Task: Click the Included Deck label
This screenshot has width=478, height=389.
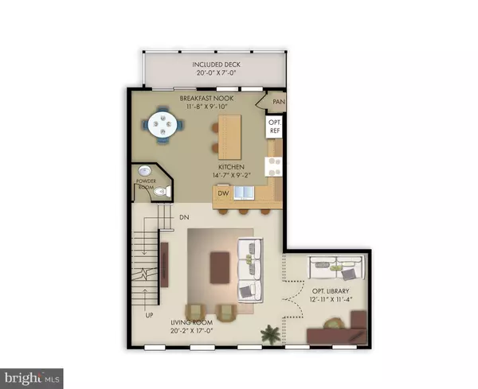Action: pos(216,64)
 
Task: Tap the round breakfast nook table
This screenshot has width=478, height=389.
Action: pos(163,124)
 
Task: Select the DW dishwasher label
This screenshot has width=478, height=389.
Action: pos(223,193)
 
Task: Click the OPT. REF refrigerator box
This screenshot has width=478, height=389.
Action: pos(274,126)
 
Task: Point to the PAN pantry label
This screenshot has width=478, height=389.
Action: pos(279,102)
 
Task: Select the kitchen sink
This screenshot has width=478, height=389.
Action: pos(244,193)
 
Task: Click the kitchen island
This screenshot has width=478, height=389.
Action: pos(230,137)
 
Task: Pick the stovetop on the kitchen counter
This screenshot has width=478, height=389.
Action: pos(273,166)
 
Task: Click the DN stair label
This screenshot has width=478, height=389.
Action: pos(184,217)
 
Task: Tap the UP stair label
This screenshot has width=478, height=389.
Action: pos(149,315)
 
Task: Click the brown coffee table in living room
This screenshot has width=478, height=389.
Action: pos(220,267)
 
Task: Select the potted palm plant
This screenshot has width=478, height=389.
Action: pos(270,335)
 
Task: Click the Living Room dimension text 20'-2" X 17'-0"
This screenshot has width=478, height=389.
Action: pos(191,331)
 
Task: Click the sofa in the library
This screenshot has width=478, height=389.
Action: pos(337,267)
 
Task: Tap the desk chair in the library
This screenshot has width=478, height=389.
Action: pos(333,323)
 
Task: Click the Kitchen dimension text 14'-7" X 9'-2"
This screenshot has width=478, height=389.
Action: pos(231,175)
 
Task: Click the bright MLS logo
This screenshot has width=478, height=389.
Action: pos(32,379)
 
